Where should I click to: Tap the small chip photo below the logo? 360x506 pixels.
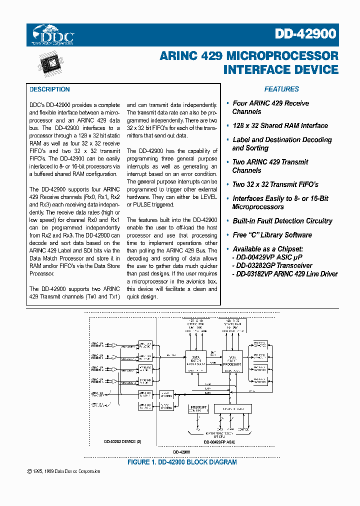[52, 64]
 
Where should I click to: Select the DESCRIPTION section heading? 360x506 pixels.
[49, 89]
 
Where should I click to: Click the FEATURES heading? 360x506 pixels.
[281, 89]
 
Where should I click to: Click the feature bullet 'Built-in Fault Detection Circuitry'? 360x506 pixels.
[282, 221]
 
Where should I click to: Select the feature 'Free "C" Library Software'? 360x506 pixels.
[272, 235]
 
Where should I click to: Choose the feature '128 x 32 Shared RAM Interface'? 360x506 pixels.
[280, 126]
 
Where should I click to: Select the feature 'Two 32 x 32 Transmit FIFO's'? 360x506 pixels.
[275, 184]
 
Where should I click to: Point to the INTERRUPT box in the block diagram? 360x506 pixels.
[199, 409]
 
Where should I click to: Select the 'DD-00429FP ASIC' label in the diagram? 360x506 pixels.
[219, 442]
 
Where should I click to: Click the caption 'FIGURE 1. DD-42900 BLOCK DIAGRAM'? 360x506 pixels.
[182, 462]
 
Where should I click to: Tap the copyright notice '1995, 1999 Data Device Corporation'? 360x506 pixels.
[65, 471]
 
